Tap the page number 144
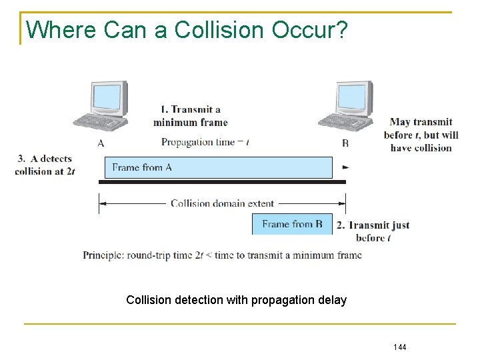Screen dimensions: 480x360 click(x=400, y=347)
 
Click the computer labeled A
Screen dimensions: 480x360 click(x=101, y=107)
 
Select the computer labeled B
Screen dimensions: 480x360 click(x=346, y=107)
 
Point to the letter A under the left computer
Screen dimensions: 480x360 click(x=100, y=143)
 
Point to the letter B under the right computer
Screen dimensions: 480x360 click(x=345, y=143)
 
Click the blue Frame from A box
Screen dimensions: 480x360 click(x=218, y=167)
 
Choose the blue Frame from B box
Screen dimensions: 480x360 click(x=292, y=224)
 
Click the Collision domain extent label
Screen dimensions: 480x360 click(x=222, y=203)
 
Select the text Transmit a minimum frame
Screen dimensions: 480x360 click(x=191, y=116)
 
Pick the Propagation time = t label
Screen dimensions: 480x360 click(x=205, y=142)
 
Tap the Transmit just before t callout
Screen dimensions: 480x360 click(x=373, y=231)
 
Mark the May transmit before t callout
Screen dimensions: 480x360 click(x=421, y=135)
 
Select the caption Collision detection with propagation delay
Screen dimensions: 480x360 click(x=237, y=300)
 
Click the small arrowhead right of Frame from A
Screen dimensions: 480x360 click(x=345, y=167)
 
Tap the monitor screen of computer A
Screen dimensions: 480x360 click(x=107, y=97)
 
